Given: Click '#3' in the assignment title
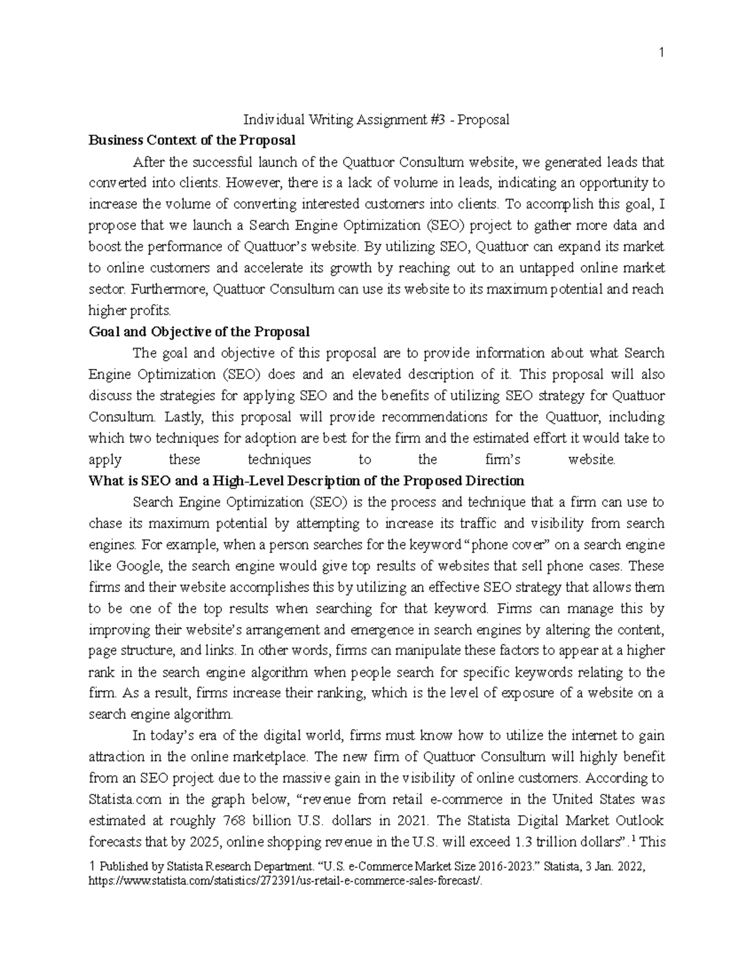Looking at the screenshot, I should [442, 119].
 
